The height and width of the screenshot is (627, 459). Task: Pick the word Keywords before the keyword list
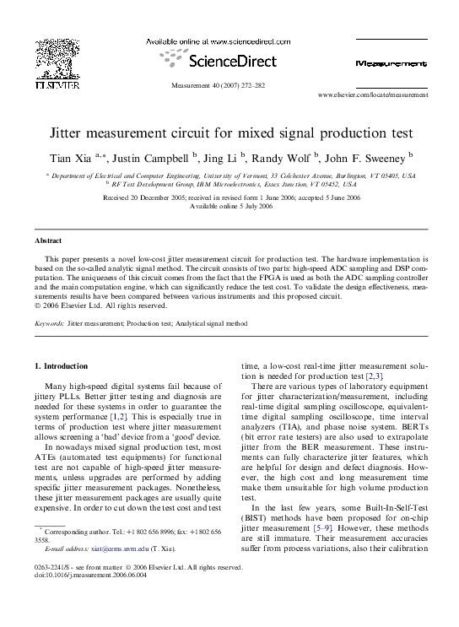[x=49, y=323]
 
